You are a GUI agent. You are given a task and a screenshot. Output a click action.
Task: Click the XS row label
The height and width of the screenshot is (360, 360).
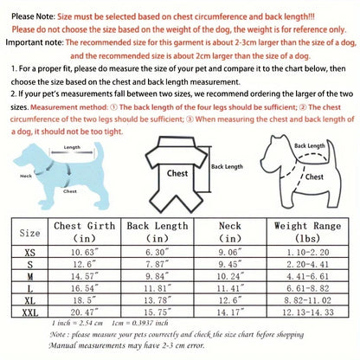coord(30,251)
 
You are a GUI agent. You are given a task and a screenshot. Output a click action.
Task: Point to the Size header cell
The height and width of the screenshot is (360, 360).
coord(30,232)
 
